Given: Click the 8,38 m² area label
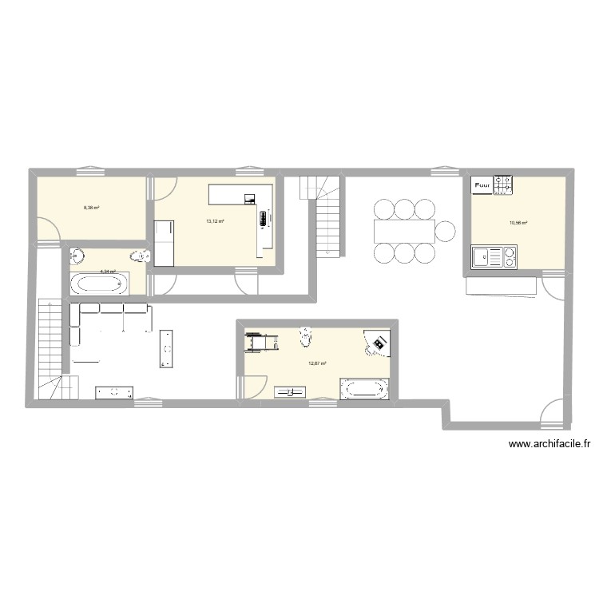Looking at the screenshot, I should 91,208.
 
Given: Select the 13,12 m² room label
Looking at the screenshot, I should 215,221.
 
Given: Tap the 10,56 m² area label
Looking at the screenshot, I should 519,224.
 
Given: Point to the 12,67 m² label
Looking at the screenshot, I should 317,363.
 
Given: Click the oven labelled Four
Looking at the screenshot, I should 482,186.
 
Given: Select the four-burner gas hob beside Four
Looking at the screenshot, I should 503,186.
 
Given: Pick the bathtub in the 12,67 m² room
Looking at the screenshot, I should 364,390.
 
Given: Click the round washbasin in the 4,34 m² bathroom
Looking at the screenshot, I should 77,256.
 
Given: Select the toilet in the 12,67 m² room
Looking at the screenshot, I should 305,338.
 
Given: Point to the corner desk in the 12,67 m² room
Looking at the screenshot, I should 377,342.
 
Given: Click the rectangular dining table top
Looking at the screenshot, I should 403,231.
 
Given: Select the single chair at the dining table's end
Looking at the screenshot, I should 446,231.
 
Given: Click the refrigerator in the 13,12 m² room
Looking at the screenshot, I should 165,243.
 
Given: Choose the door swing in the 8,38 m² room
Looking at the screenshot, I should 48,232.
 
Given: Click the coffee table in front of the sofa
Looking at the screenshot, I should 167,348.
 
